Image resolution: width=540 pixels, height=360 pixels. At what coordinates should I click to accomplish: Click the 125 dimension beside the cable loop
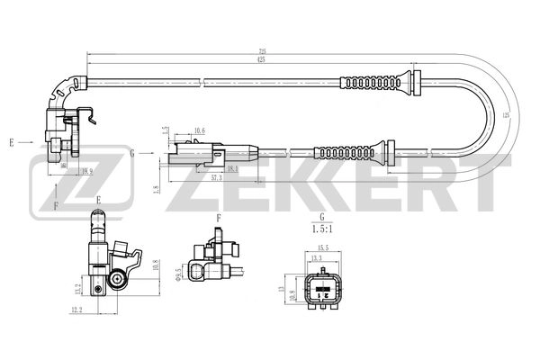506,115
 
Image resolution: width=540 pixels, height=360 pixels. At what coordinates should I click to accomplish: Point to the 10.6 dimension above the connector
199,131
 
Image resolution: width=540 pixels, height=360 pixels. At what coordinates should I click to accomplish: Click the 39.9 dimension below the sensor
86,171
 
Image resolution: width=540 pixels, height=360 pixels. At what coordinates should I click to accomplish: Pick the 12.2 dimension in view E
76,310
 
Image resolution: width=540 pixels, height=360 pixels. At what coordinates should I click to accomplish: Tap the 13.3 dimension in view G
317,258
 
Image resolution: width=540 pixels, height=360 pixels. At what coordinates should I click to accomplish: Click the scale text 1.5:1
319,229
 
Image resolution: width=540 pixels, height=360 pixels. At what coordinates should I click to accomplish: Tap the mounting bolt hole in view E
118,282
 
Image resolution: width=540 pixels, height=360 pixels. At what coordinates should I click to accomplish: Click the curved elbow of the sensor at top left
60,89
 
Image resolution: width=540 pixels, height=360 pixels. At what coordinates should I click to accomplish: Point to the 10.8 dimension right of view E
154,267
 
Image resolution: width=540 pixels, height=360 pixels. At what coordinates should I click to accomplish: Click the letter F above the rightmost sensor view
219,218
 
